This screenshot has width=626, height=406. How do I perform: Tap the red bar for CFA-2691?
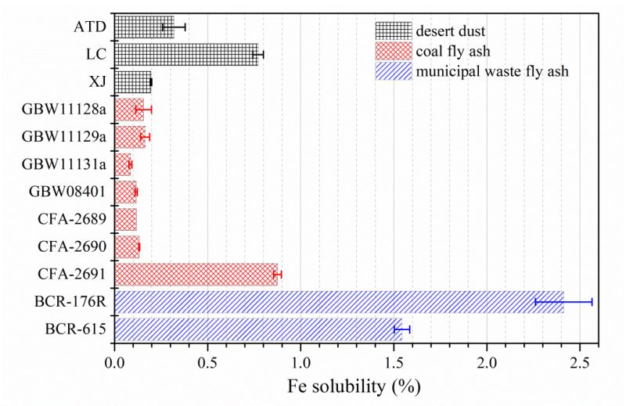(196, 274)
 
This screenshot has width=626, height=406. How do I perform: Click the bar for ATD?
(144, 27)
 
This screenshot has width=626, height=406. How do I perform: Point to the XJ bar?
(133, 81)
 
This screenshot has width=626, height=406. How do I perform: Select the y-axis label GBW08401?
(67, 192)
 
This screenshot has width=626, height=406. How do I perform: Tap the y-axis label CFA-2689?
(73, 219)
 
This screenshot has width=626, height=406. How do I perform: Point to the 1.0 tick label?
(300, 364)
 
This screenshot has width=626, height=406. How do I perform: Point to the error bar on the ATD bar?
(174, 27)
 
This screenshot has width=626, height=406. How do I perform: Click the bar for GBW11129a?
(130, 137)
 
